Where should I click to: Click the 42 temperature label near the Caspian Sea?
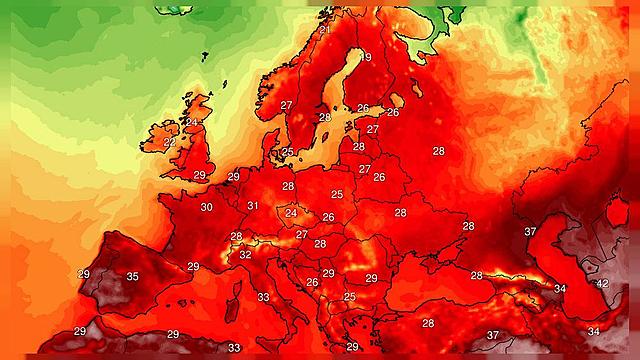coord(602,284)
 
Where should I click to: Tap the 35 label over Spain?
coord(133,276)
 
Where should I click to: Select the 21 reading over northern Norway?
coord(325,30)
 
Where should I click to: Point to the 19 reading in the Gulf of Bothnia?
coord(365,57)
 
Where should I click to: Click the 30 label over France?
coord(206,207)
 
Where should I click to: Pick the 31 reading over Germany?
coord(254,206)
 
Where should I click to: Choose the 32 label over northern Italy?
coord(245,254)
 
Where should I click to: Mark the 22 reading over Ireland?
coord(170,142)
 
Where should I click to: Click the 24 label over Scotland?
coord(192,121)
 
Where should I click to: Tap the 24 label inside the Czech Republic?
coord(291,212)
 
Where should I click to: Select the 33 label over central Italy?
coord(263,297)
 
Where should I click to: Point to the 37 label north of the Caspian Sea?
coord(530,231)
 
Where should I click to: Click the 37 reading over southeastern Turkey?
coord(492,334)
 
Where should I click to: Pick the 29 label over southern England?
coord(199,175)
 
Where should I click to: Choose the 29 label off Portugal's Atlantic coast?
coord(83,273)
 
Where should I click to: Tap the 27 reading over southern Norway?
coord(286,105)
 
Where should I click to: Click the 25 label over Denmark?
coord(288,152)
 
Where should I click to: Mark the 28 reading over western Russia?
coord(438,151)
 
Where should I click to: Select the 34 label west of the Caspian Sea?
coord(560,288)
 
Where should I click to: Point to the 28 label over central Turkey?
coord(428,323)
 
